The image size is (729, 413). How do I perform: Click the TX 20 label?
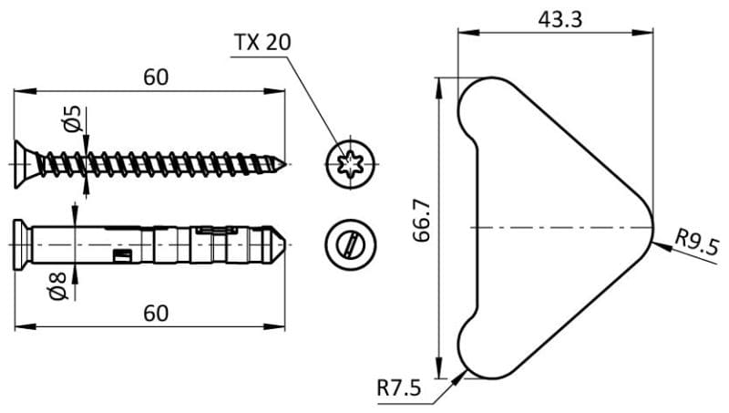263,44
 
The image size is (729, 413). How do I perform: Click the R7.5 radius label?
399,388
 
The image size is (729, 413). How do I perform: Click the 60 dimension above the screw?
155,77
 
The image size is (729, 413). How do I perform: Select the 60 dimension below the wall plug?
155,313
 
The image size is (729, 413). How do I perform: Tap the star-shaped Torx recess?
349,165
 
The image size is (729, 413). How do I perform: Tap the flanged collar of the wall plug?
21,243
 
